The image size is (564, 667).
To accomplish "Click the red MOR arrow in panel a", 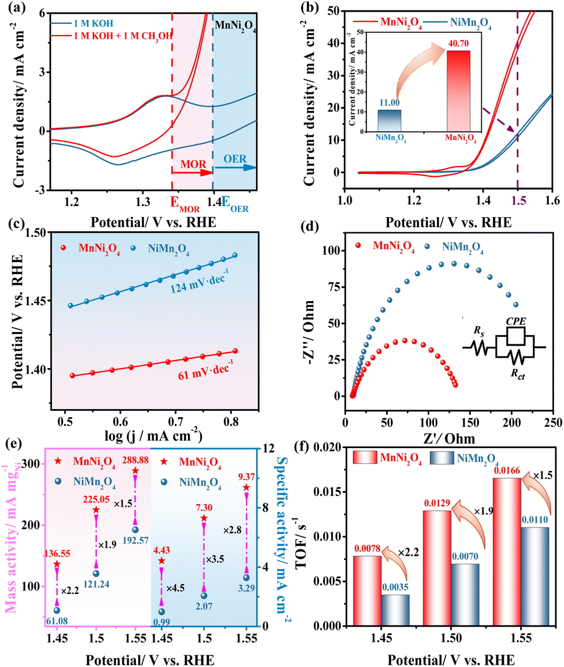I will click(x=192, y=172).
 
